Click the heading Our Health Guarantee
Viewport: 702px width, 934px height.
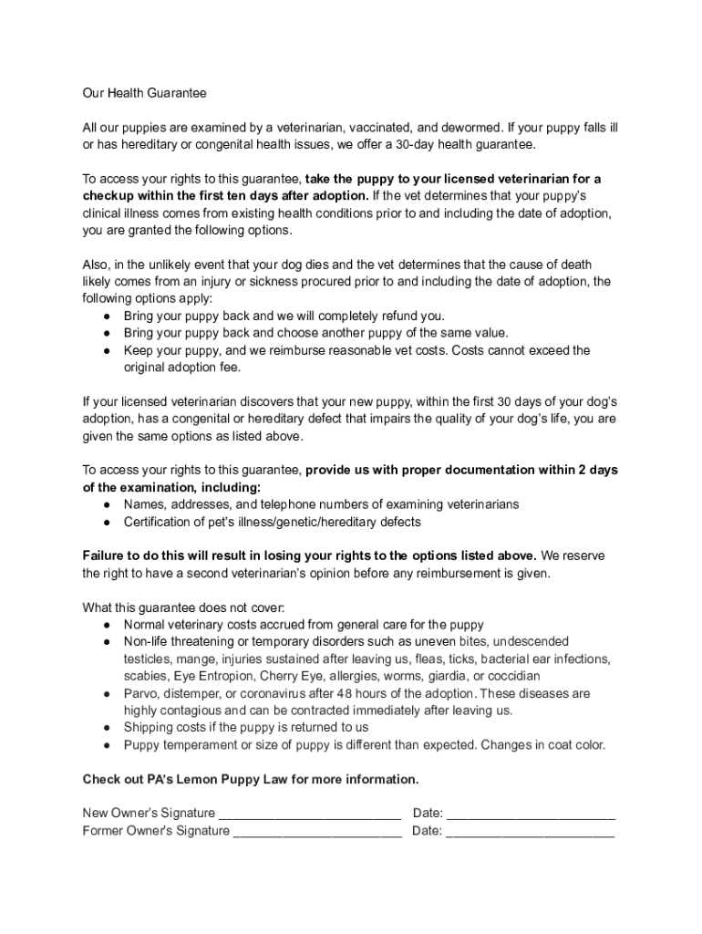pos(145,93)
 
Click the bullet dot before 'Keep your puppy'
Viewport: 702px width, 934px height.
pos(108,350)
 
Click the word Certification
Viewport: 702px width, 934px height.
pos(160,522)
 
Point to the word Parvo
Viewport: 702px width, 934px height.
pos(140,693)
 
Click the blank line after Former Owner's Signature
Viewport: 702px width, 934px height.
pos(317,831)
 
